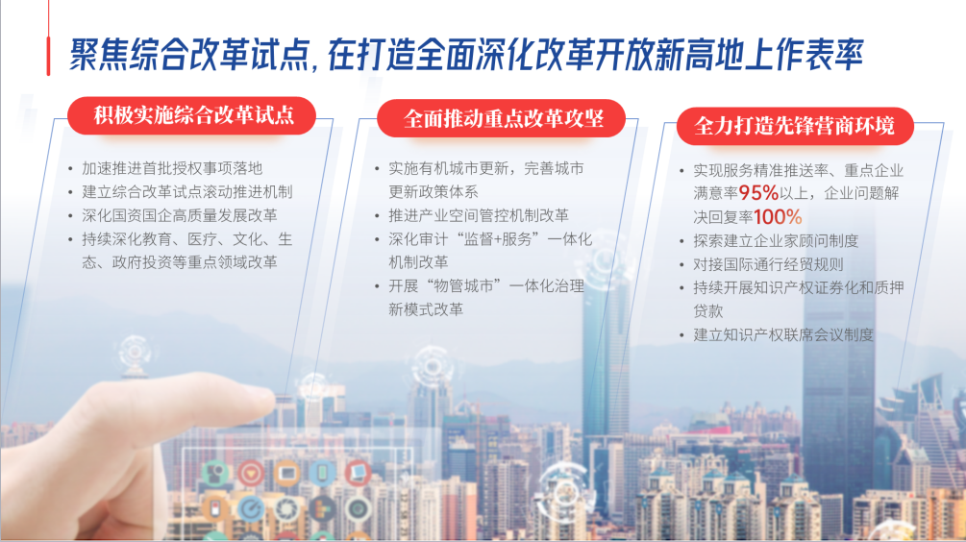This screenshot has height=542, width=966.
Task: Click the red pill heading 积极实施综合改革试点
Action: (191, 115)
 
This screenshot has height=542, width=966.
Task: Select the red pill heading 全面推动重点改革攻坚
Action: (502, 118)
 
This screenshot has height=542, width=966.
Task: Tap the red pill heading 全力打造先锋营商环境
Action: (795, 126)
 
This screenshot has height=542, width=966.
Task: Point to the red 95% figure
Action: (759, 193)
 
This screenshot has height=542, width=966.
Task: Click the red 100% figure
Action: (778, 217)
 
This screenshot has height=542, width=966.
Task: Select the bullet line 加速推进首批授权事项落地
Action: (172, 168)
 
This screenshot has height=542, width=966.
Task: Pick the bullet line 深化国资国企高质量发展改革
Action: (180, 215)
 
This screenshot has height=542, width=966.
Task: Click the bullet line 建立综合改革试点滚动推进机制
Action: (187, 191)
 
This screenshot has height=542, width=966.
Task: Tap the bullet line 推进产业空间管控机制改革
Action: (479, 215)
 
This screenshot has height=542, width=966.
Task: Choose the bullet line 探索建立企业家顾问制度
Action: (777, 241)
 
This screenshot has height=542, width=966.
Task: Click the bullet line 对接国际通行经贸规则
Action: (768, 265)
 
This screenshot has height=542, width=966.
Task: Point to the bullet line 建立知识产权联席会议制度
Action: (783, 335)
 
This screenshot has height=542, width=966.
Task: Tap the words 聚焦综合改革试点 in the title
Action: (189, 54)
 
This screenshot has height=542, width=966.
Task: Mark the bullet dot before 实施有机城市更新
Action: (377, 168)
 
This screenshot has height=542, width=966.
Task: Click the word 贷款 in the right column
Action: (707, 311)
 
